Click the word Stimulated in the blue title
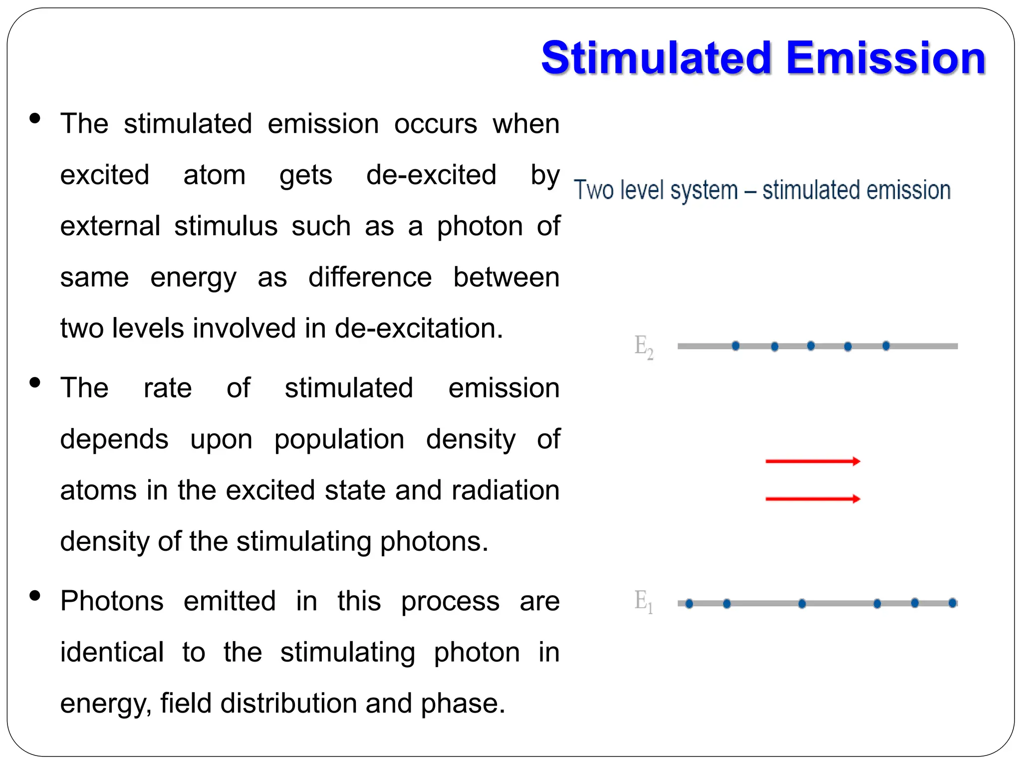point(657,58)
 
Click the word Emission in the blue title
point(886,58)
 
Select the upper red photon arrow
point(812,461)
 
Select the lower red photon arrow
point(812,498)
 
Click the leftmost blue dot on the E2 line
point(736,346)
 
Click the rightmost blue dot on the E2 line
point(886,346)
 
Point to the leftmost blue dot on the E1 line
point(689,604)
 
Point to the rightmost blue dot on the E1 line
point(952,603)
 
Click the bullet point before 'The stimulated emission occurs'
point(35,119)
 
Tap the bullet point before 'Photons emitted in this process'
point(35,596)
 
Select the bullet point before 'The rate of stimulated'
point(35,383)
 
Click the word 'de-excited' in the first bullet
point(431,175)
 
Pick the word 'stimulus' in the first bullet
point(226,226)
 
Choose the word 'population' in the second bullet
point(339,439)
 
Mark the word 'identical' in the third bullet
point(112,652)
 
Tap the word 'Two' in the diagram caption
point(593,190)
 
